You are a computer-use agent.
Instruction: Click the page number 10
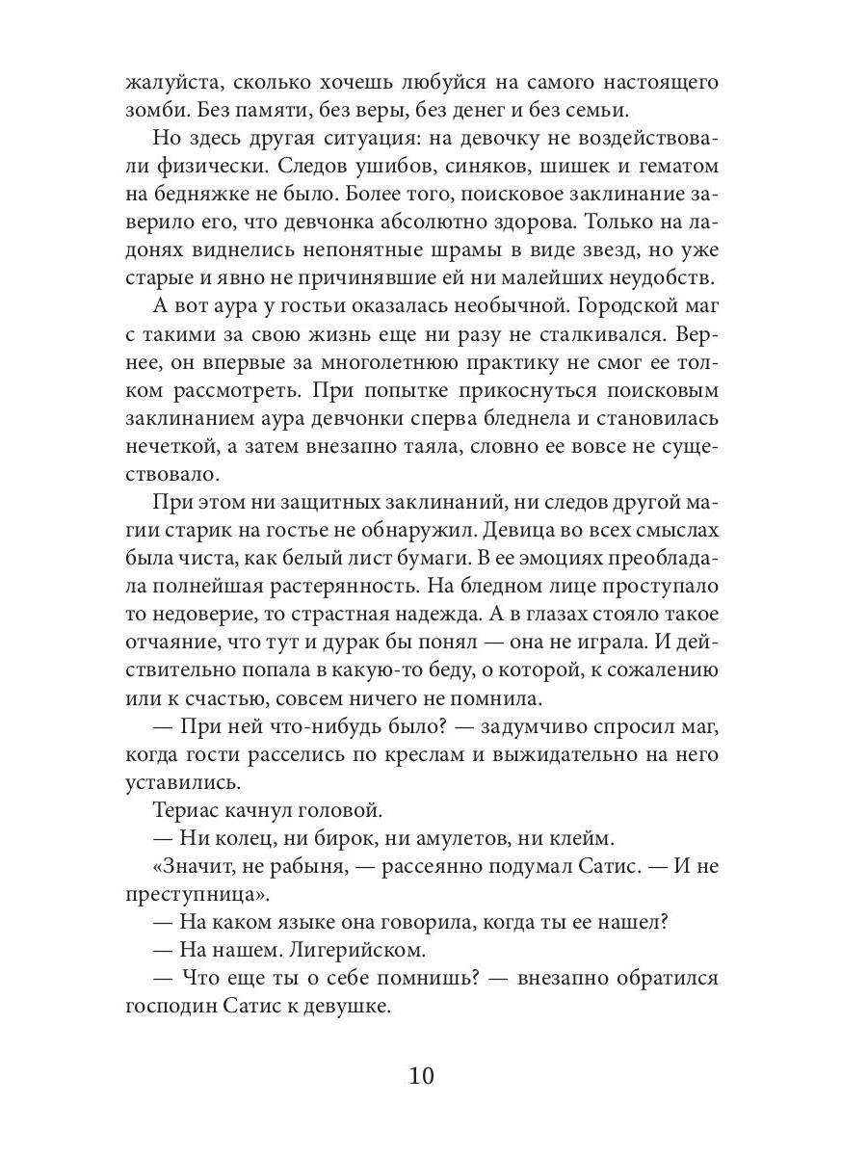pos(421,1076)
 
